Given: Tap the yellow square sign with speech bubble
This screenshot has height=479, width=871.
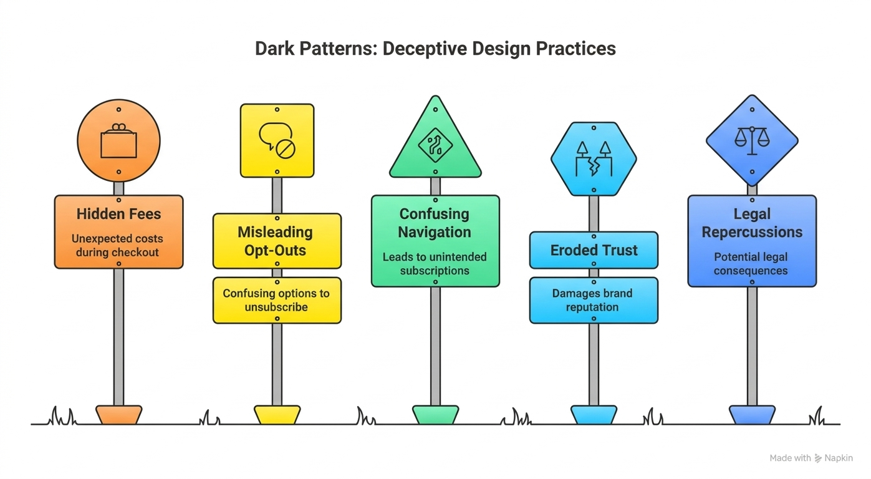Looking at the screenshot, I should coord(277,140).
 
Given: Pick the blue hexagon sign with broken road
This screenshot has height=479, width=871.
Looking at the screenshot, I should coord(594,158).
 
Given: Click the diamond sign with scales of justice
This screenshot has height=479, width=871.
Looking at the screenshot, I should coord(752,140).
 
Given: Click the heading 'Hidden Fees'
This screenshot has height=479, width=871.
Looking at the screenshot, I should coord(118,214).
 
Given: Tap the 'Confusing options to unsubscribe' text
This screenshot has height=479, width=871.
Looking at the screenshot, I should coord(276,300).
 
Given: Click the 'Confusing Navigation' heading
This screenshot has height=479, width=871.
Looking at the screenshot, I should coord(435,223).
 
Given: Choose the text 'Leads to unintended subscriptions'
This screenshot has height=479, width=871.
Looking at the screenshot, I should coord(435,264).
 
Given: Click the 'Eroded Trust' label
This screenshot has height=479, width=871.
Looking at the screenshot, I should coord(594,250).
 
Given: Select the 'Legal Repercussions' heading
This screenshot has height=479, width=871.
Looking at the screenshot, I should coord(752,223).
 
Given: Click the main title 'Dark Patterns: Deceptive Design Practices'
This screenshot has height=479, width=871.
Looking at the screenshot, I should coord(435,49).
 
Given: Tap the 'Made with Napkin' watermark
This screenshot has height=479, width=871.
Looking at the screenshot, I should coord(811,458).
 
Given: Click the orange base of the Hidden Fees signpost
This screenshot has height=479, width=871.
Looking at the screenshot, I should coord(118,415).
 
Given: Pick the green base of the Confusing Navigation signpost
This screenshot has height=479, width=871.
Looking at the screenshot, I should coord(435,415).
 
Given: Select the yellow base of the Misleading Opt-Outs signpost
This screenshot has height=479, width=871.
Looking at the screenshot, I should coord(277,415).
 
